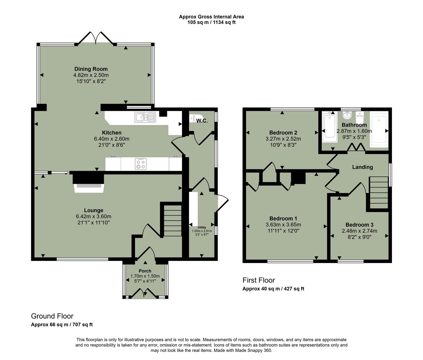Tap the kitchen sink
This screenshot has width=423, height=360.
(145, 117)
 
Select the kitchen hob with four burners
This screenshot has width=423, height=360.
(140, 164)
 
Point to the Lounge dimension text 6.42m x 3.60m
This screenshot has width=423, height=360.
(93, 216)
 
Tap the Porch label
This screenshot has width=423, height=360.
(145, 271)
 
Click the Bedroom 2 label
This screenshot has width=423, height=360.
(281, 133)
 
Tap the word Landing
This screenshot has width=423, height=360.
(362, 167)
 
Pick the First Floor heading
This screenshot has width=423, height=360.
(258, 280)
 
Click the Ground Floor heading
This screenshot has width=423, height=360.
(52, 316)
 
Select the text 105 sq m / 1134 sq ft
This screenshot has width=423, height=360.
(211, 22)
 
